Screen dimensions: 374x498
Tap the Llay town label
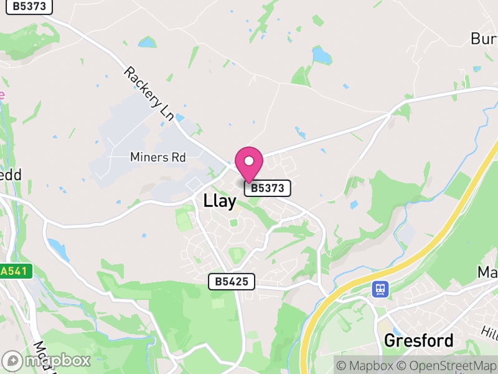click(x=220, y=201)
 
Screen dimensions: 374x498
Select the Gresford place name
click(x=418, y=341)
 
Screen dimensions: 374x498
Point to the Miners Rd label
click(x=158, y=157)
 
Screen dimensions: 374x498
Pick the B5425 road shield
click(x=232, y=282)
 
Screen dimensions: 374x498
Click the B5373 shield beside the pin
click(x=268, y=188)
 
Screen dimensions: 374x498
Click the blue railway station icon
click(x=380, y=289)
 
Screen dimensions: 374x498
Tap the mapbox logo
click(x=47, y=360)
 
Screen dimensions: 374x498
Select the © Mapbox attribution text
click(x=365, y=365)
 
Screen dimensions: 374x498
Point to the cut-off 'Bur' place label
click(x=484, y=39)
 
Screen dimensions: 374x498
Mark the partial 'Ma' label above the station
click(x=487, y=272)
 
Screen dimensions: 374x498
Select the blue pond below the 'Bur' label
click(x=322, y=56)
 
